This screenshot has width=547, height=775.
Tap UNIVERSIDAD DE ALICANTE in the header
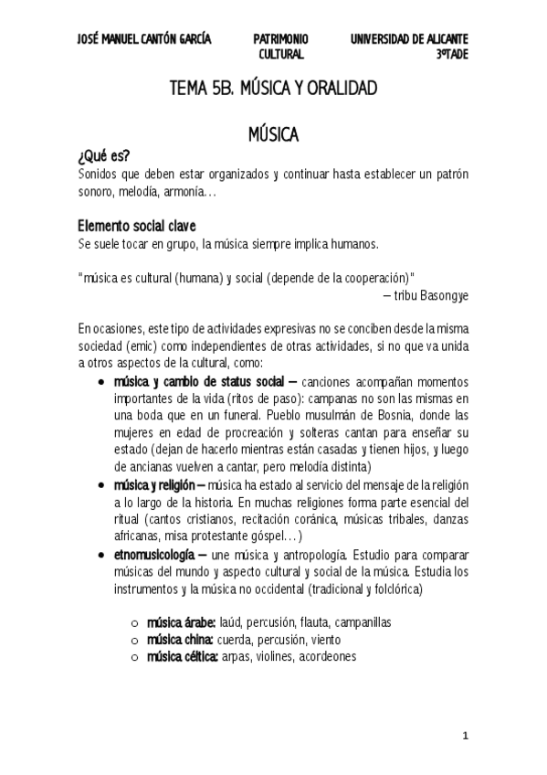pos(409,39)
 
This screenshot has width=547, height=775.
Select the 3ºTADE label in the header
pos(452,55)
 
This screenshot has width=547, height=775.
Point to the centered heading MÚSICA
pos(273,135)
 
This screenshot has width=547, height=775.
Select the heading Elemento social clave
pos(136,227)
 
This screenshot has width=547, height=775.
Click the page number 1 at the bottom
pos(465,736)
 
